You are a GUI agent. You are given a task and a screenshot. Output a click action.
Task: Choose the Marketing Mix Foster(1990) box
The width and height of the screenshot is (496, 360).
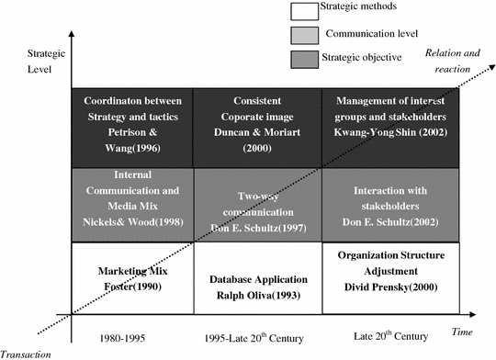click(130, 277)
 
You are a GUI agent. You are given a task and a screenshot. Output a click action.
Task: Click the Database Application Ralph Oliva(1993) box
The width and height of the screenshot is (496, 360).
click(257, 277)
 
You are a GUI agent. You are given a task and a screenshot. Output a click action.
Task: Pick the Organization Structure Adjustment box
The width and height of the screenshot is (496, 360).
click(383, 277)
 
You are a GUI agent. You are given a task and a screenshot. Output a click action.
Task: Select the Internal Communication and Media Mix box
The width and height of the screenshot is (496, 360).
click(130, 204)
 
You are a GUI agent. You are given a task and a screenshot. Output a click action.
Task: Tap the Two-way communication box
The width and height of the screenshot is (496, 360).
click(257, 204)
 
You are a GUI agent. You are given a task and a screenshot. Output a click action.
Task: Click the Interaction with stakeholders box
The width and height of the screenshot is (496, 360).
click(383, 204)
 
